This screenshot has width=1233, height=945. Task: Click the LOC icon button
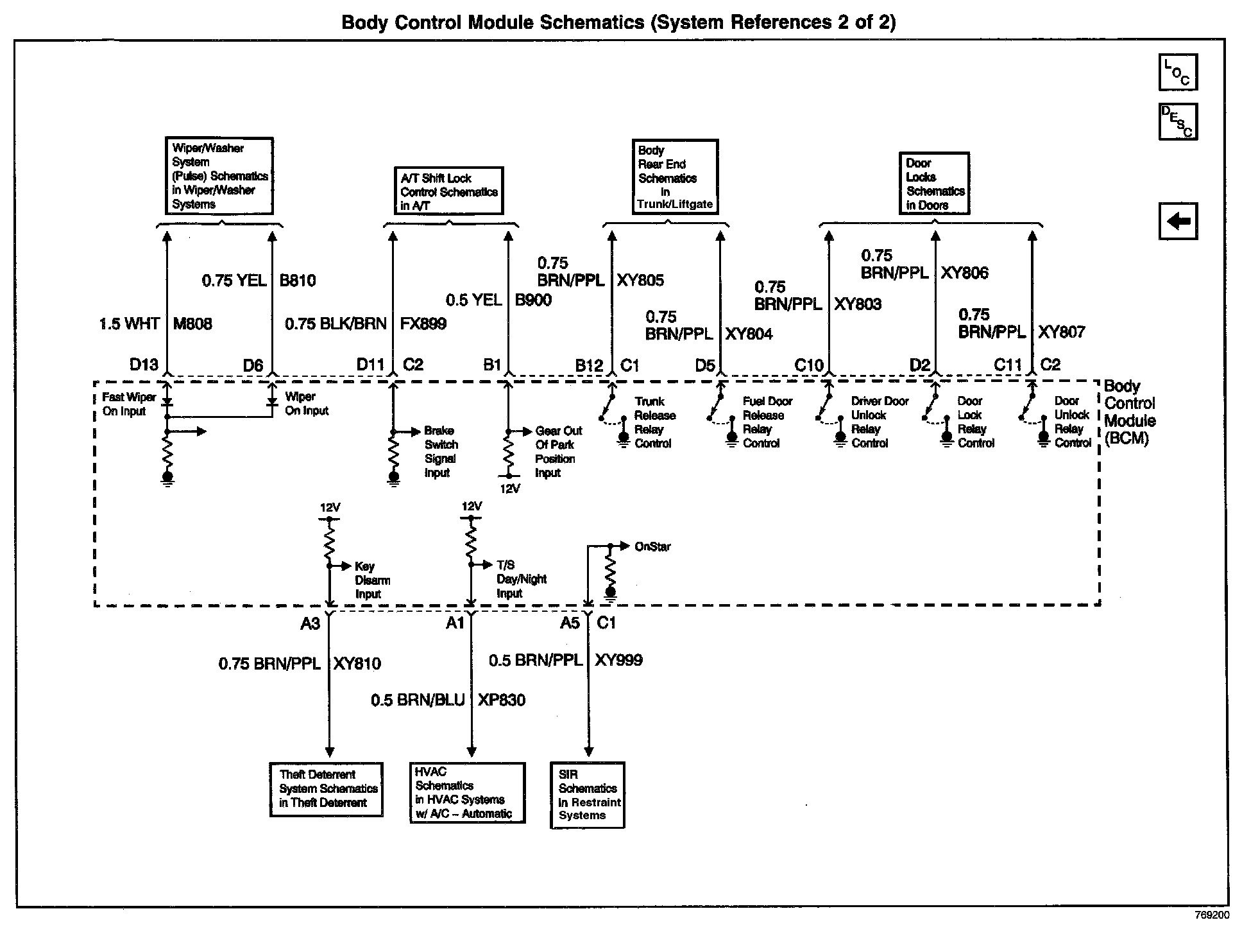[1178, 72]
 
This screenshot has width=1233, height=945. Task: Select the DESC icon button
[1178, 121]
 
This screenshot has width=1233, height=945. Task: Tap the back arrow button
[1178, 221]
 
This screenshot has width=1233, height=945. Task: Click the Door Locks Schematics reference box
[933, 184]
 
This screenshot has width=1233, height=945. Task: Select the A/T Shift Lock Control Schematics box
[448, 191]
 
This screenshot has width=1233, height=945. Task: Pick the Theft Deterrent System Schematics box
[327, 789]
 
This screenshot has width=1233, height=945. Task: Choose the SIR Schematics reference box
[588, 795]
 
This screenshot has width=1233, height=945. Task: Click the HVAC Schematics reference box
[467, 793]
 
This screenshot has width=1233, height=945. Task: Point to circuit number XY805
[640, 281]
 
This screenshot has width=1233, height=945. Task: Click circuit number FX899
[423, 324]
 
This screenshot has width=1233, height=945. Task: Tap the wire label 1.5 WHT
[129, 324]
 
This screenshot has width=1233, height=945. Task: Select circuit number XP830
[501, 700]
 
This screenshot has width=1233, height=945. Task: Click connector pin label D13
[144, 365]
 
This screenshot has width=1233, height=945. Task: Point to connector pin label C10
[808, 365]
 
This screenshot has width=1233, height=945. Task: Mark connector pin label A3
[310, 623]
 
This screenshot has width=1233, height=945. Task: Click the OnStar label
[652, 547]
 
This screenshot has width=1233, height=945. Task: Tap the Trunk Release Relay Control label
[653, 422]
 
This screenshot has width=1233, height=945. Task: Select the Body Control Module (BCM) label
[1129, 413]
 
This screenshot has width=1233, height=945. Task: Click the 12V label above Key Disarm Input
[330, 508]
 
